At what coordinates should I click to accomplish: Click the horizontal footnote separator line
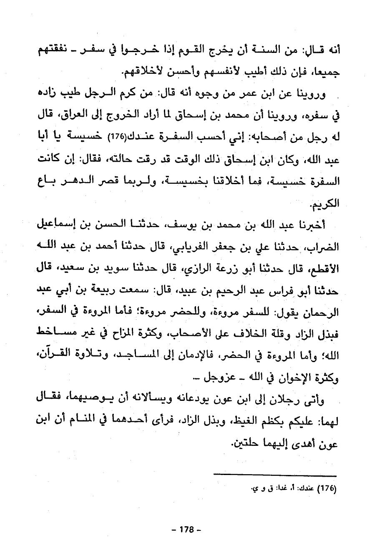274,475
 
